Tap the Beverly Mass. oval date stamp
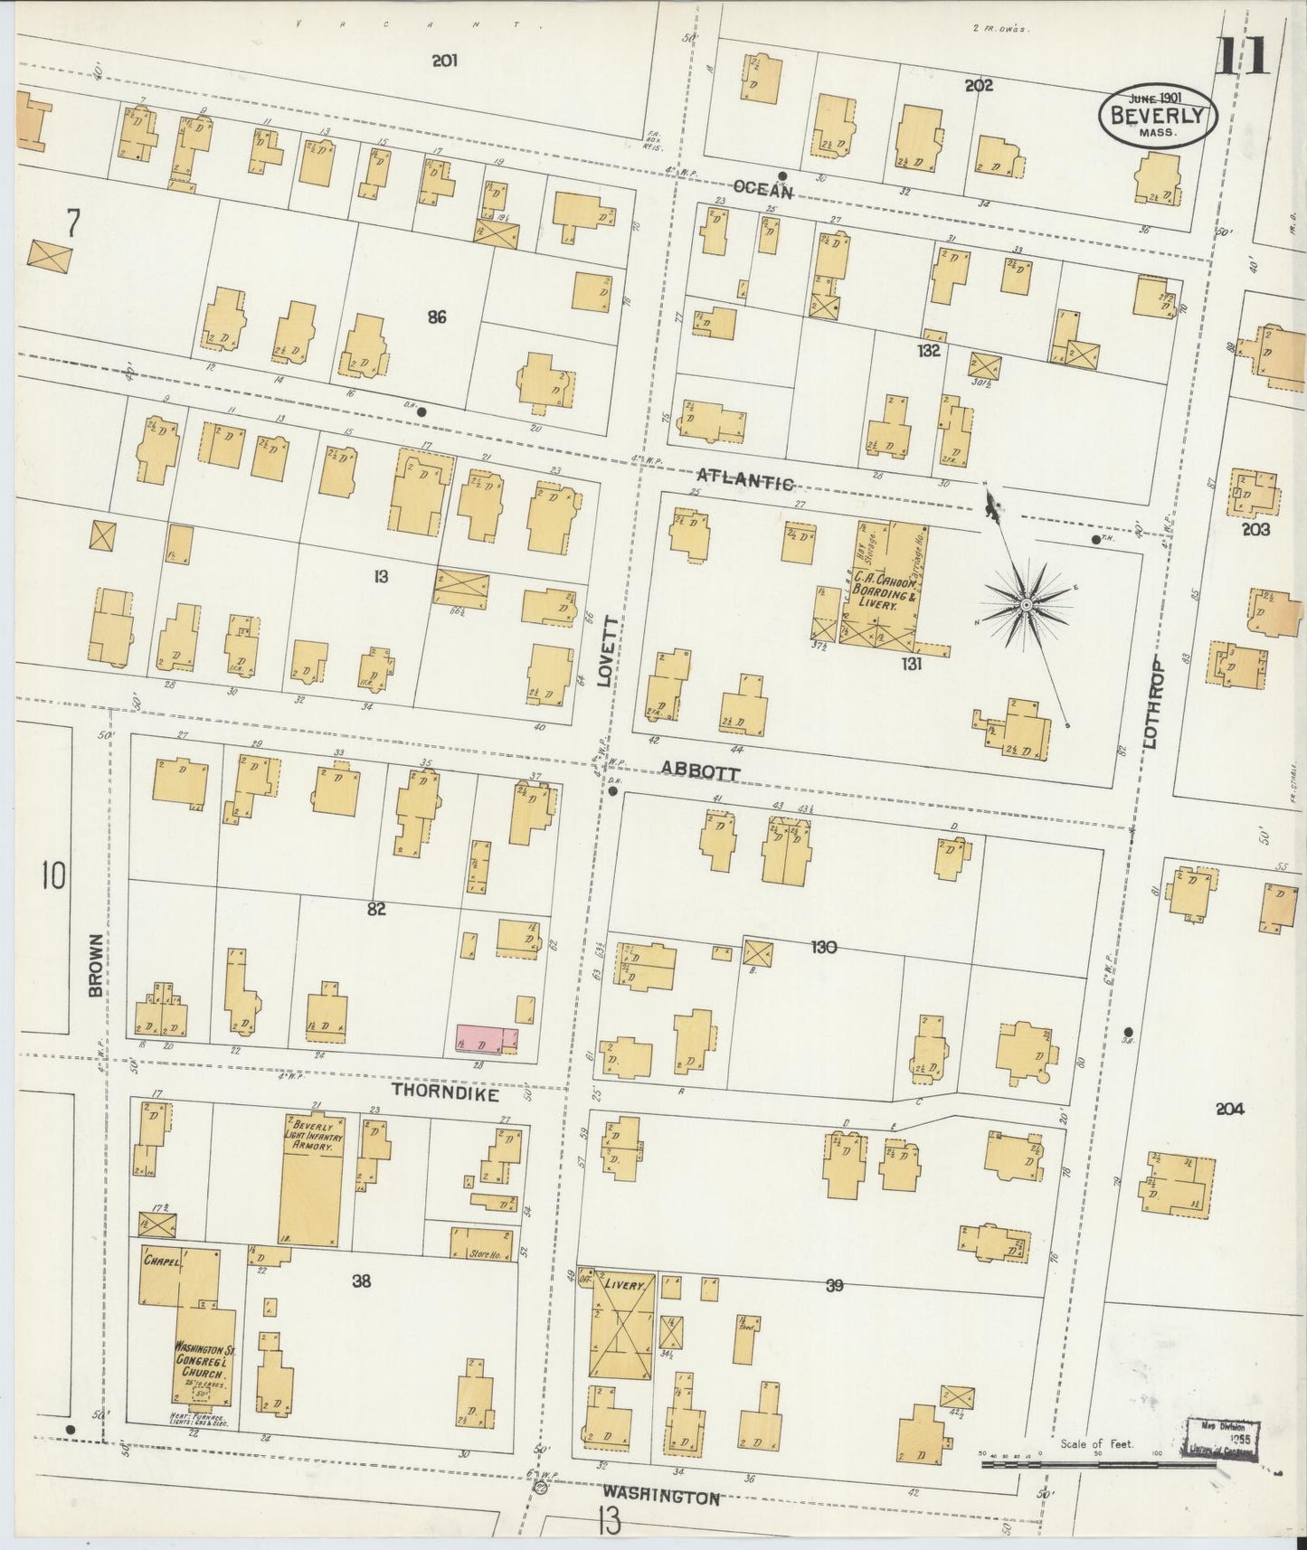point(1158,116)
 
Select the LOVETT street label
point(607,652)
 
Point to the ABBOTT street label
point(700,771)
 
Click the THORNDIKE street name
point(446,1092)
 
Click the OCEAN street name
point(762,190)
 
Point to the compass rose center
point(1027,604)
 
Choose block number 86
point(438,317)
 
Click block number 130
point(823,947)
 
